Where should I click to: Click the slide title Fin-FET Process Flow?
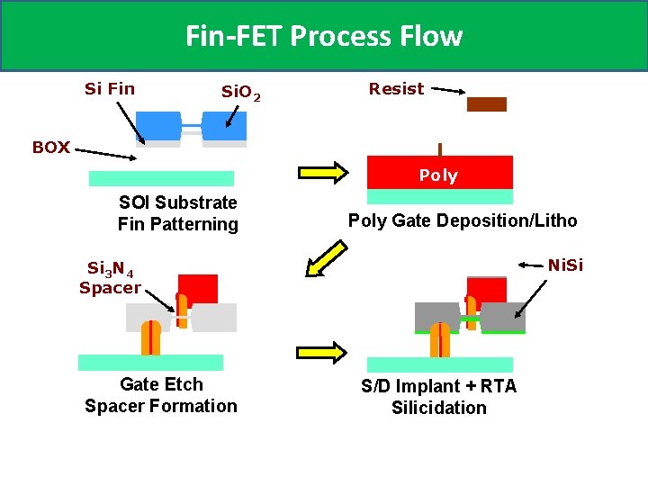coord(323,36)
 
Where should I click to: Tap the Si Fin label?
coord(109,88)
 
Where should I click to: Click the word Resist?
coord(396,88)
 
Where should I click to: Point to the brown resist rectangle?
coord(487,104)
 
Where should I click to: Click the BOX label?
coord(51,148)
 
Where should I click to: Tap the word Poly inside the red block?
coord(438,175)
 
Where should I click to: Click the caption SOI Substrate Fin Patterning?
coord(178,213)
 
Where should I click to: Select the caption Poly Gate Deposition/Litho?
coord(463,220)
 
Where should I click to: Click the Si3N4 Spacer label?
coord(110,278)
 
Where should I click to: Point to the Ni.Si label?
coord(566,265)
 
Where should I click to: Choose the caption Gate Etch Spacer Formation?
coord(161,395)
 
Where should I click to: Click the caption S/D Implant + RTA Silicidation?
coord(439,397)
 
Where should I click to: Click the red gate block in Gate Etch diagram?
coord(201,288)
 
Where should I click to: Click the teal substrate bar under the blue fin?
coord(161,178)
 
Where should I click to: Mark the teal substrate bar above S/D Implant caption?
coord(439,364)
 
